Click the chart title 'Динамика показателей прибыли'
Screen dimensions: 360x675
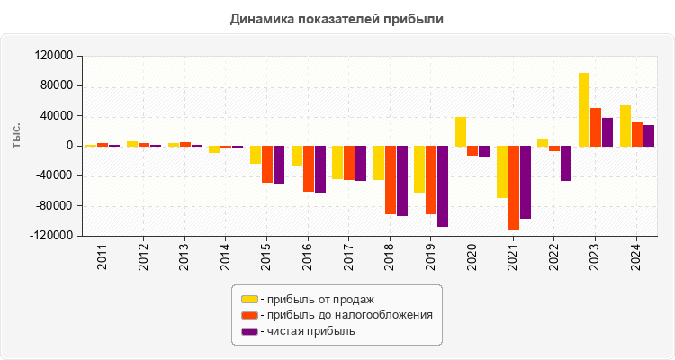coord(337,18)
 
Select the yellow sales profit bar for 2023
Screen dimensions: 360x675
coord(583,110)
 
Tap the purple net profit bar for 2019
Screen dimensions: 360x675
coord(443,185)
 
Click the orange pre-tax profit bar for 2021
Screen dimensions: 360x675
coord(514,187)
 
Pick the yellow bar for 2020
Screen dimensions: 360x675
coord(460,131)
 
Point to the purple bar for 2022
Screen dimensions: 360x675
coord(566,163)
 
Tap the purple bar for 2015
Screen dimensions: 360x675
coord(279,165)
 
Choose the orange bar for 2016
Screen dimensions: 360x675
coord(308,168)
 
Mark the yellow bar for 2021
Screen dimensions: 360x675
coord(501,171)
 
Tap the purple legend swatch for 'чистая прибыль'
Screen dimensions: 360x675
coord(249,331)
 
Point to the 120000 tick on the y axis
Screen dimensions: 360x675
coord(54,56)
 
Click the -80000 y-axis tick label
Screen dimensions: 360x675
coord(53,206)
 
